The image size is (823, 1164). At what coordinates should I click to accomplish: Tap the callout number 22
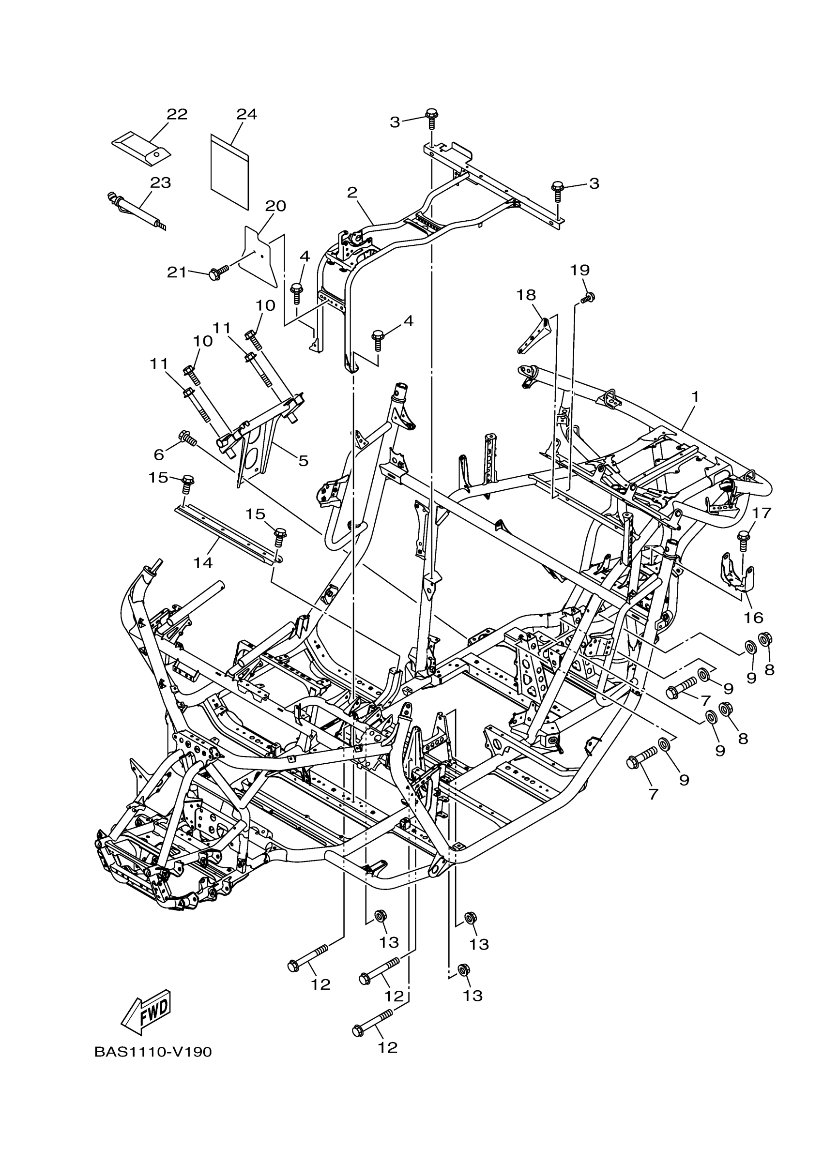point(177,115)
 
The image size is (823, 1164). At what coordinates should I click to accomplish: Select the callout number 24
point(246,115)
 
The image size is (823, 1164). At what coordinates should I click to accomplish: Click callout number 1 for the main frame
point(695,397)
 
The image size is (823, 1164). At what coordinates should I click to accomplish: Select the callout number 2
point(352,193)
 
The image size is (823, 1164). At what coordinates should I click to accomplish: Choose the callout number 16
point(754,618)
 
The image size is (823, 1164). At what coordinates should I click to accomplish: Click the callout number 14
point(203,562)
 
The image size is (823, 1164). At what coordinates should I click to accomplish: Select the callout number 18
point(526,295)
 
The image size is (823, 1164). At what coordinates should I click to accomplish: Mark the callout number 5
point(303,461)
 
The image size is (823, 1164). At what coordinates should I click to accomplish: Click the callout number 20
point(275,206)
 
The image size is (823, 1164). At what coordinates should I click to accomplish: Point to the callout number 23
point(160,182)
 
